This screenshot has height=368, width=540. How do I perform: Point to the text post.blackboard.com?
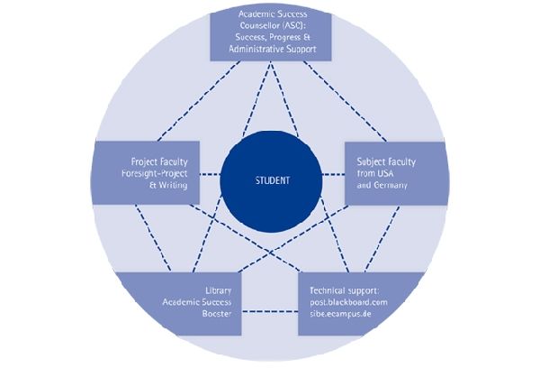tap(348, 303)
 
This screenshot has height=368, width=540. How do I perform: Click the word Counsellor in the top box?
tap(261, 26)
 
